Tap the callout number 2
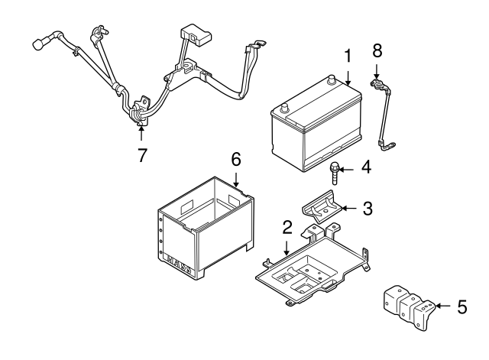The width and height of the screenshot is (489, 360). pyautogui.click(x=287, y=227)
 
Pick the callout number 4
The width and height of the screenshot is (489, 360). pyautogui.click(x=366, y=166)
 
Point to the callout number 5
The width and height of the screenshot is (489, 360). pyautogui.click(x=461, y=307)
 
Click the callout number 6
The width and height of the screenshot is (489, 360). pyautogui.click(x=236, y=159)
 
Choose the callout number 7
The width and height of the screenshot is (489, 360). pyautogui.click(x=142, y=155)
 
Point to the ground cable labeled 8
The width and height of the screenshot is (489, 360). pyautogui.click(x=384, y=115)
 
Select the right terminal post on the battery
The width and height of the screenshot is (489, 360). pyautogui.click(x=331, y=79)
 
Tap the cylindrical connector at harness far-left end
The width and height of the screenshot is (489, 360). pyautogui.click(x=36, y=46)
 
